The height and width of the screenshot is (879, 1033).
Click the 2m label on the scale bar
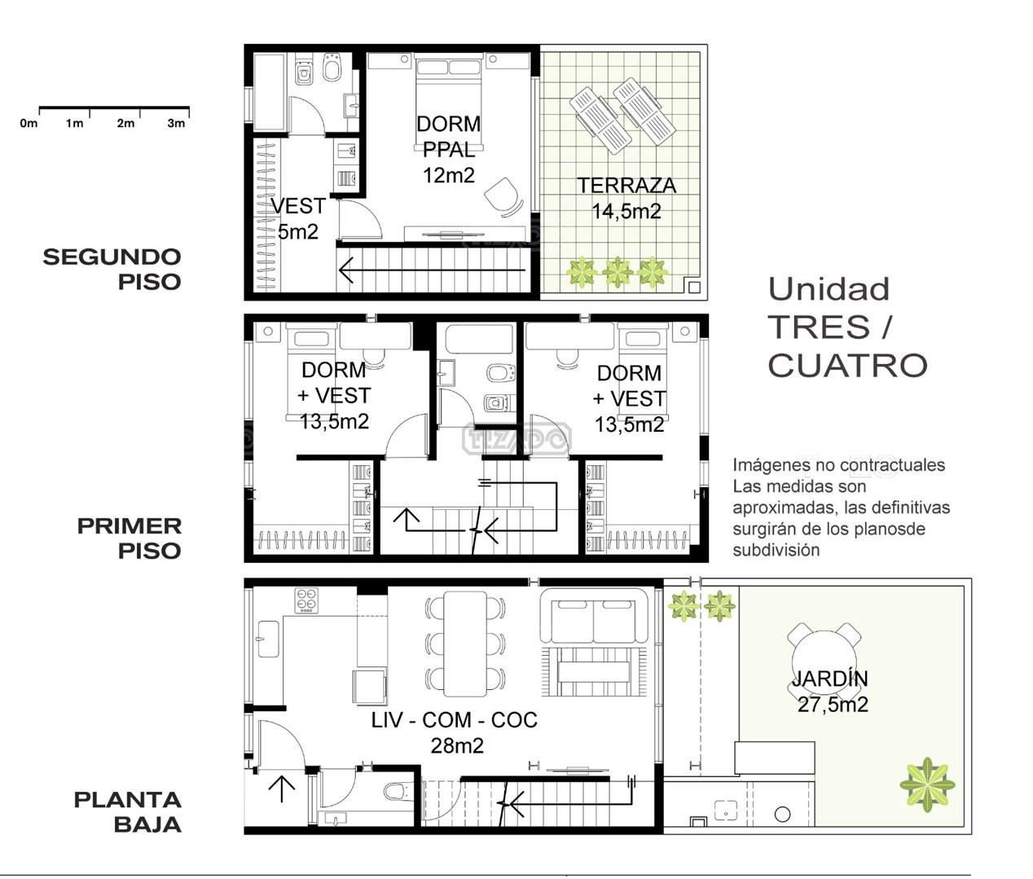[x=125, y=123]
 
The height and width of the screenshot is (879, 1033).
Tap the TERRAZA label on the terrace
[x=626, y=186]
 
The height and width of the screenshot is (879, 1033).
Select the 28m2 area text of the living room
[x=457, y=746]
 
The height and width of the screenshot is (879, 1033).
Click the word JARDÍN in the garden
[x=830, y=679]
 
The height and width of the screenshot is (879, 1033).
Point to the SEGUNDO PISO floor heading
[x=112, y=270]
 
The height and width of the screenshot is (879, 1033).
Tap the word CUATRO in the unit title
[x=847, y=365]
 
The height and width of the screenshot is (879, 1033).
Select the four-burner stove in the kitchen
[x=306, y=600]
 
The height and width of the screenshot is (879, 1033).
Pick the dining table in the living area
[x=465, y=644]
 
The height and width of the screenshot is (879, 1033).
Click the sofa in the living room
[x=594, y=616]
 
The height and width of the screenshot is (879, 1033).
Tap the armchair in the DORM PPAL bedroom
[x=503, y=197]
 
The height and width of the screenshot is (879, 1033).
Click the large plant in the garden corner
[x=927, y=785]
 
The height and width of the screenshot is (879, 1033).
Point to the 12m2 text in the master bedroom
[x=448, y=175]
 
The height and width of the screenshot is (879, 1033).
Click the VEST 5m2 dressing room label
[x=298, y=219]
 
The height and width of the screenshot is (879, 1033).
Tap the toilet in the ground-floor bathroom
[x=398, y=792]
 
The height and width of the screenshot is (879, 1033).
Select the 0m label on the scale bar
[x=29, y=123]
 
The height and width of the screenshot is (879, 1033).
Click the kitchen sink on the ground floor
[x=268, y=639]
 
